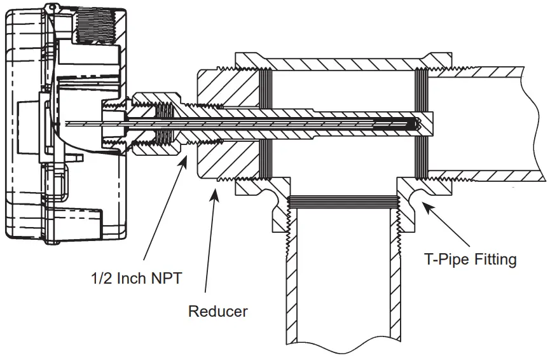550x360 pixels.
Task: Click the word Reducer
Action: click(217, 312)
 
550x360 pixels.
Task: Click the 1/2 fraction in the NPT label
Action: click(100, 279)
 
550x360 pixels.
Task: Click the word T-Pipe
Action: click(444, 260)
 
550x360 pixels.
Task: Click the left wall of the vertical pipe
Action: click(289, 273)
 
